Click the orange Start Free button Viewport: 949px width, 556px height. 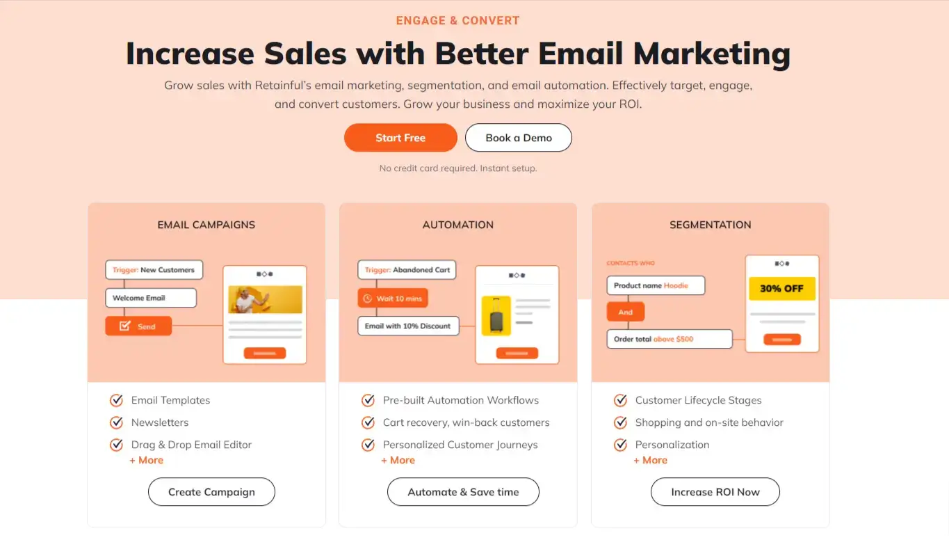[x=400, y=138]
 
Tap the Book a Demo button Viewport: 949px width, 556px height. [x=519, y=138]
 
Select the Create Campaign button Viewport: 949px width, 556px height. [x=211, y=492]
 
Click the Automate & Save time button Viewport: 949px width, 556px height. [x=463, y=492]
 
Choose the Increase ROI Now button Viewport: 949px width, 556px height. [x=715, y=492]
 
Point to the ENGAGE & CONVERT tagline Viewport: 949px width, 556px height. [x=457, y=20]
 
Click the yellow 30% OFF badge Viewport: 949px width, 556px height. [x=781, y=289]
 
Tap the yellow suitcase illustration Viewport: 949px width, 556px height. [x=496, y=315]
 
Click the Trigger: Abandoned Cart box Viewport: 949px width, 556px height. [x=407, y=270]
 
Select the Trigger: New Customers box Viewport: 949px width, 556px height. [x=154, y=270]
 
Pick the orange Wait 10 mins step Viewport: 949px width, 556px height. [x=393, y=299]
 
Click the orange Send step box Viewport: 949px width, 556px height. [x=138, y=326]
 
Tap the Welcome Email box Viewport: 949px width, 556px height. [x=151, y=298]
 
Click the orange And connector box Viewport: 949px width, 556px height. [x=626, y=312]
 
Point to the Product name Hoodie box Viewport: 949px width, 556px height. [x=656, y=285]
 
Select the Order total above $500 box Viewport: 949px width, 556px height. [x=670, y=339]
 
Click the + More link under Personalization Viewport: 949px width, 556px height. [x=650, y=460]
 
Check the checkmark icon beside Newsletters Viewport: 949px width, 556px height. [x=116, y=422]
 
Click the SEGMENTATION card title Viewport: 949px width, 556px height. [x=710, y=225]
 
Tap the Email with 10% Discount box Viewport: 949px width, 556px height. [x=408, y=326]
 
